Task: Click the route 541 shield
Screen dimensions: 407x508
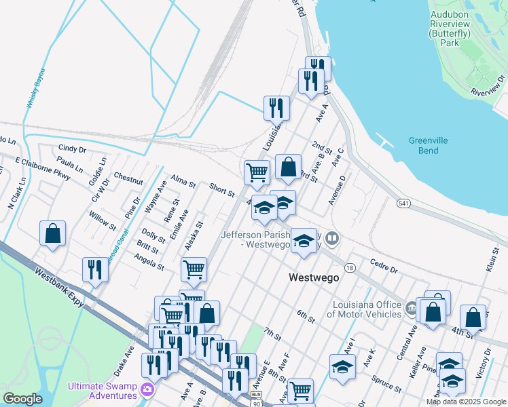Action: [x=404, y=203]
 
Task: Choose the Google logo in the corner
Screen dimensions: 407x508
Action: [x=23, y=399]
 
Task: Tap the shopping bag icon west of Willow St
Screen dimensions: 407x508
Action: [x=52, y=234]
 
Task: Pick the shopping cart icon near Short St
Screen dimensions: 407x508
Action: [x=257, y=172]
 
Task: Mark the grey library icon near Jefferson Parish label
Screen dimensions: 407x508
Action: [x=332, y=238]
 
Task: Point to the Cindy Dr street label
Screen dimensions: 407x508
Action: [x=72, y=148]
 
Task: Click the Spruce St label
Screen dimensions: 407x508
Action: [x=386, y=385]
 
